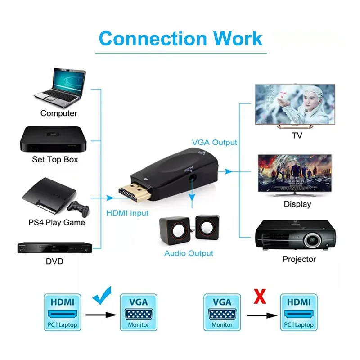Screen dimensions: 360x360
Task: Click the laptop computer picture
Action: [x=60, y=85]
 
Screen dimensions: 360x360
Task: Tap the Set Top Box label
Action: [x=55, y=159]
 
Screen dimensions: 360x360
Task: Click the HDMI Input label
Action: [x=127, y=213]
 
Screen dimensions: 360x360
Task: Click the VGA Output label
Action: [x=214, y=142]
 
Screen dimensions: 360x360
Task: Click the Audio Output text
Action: [x=189, y=253]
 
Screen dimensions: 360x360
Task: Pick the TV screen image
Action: [x=295, y=105]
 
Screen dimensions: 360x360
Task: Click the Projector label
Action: [x=299, y=259]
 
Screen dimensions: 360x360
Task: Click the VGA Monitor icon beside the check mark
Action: [x=138, y=312]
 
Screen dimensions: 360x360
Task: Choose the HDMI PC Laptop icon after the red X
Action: [x=298, y=312]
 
